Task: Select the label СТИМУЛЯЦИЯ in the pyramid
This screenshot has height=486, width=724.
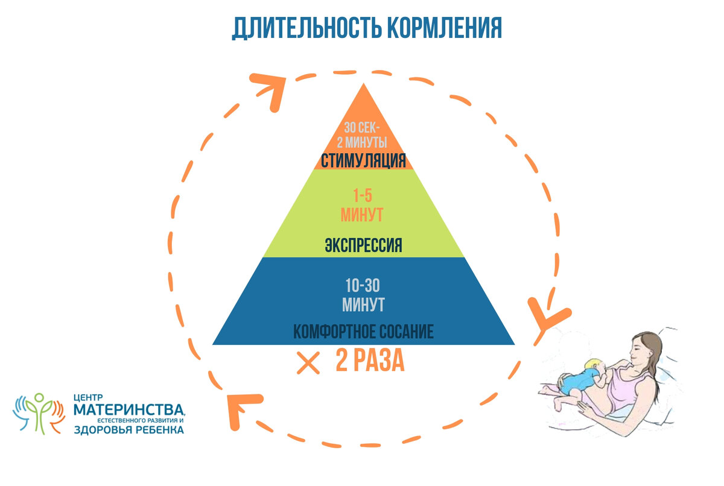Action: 362,162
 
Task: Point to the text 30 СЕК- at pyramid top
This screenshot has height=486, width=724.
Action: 362,128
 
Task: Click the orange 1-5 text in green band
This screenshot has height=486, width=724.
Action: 362,197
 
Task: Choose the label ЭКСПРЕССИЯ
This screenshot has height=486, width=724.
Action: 363,246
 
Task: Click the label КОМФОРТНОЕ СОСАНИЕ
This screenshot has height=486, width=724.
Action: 363,332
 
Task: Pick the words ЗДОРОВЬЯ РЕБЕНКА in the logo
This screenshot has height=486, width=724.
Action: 129,430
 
